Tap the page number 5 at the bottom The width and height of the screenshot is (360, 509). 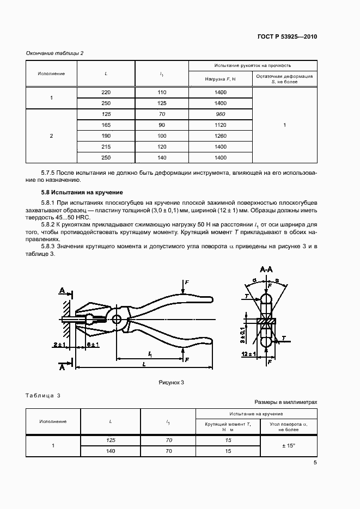pyautogui.click(x=315, y=463)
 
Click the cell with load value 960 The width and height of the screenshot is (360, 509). pyautogui.click(x=221, y=114)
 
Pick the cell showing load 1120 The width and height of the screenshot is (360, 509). pyautogui.click(x=221, y=125)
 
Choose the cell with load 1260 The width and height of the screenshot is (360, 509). pyautogui.click(x=221, y=136)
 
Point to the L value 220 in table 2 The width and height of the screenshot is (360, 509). pyautogui.click(x=106, y=93)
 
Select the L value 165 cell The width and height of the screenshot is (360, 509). pyautogui.click(x=106, y=125)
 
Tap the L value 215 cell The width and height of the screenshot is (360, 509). pyautogui.click(x=106, y=147)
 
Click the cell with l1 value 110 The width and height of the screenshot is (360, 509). pyautogui.click(x=162, y=93)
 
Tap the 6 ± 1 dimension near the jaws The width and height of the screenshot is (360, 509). pyautogui.click(x=93, y=345)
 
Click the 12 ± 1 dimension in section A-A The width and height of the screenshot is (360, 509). pyautogui.click(x=250, y=354)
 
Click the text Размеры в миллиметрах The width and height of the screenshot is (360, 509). pyautogui.click(x=285, y=402)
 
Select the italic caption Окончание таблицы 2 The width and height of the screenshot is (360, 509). pyautogui.click(x=54, y=53)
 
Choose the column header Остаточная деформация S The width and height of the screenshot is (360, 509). pyautogui.click(x=285, y=79)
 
